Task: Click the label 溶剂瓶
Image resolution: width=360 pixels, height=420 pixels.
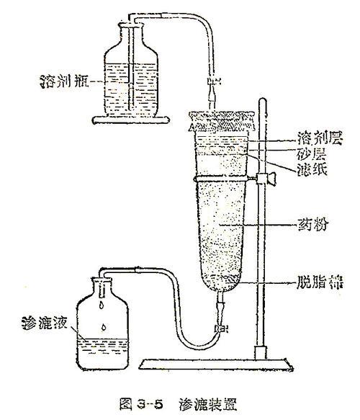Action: coord(64,81)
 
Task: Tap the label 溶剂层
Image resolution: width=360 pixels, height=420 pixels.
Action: coord(320,138)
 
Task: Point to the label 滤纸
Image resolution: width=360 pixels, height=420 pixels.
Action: coord(312,169)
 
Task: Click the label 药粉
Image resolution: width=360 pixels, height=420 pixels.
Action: coord(312,224)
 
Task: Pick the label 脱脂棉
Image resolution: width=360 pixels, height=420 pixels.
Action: coord(320,282)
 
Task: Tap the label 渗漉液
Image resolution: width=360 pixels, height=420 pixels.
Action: coord(45,323)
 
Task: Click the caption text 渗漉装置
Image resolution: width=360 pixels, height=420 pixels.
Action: coord(208,404)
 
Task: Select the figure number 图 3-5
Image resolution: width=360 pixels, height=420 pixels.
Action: coord(141,404)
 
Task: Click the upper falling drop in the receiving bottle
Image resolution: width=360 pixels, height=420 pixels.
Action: coord(102,305)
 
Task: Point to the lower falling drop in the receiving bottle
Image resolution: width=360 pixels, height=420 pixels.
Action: coord(104,327)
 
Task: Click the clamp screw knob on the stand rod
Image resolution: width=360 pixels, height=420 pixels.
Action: coord(271,179)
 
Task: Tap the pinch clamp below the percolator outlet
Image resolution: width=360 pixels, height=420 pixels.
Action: coord(221,328)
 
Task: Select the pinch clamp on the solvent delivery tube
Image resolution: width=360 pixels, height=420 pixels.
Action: coord(213,81)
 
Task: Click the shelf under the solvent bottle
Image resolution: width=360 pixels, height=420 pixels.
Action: coord(130,120)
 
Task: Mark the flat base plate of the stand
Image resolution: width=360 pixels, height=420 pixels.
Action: coord(216,365)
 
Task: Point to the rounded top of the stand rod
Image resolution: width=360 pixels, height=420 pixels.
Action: coord(263,100)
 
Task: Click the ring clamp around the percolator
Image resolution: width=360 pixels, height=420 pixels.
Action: coord(222,179)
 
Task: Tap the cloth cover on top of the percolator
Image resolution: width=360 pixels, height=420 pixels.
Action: coord(221,120)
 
